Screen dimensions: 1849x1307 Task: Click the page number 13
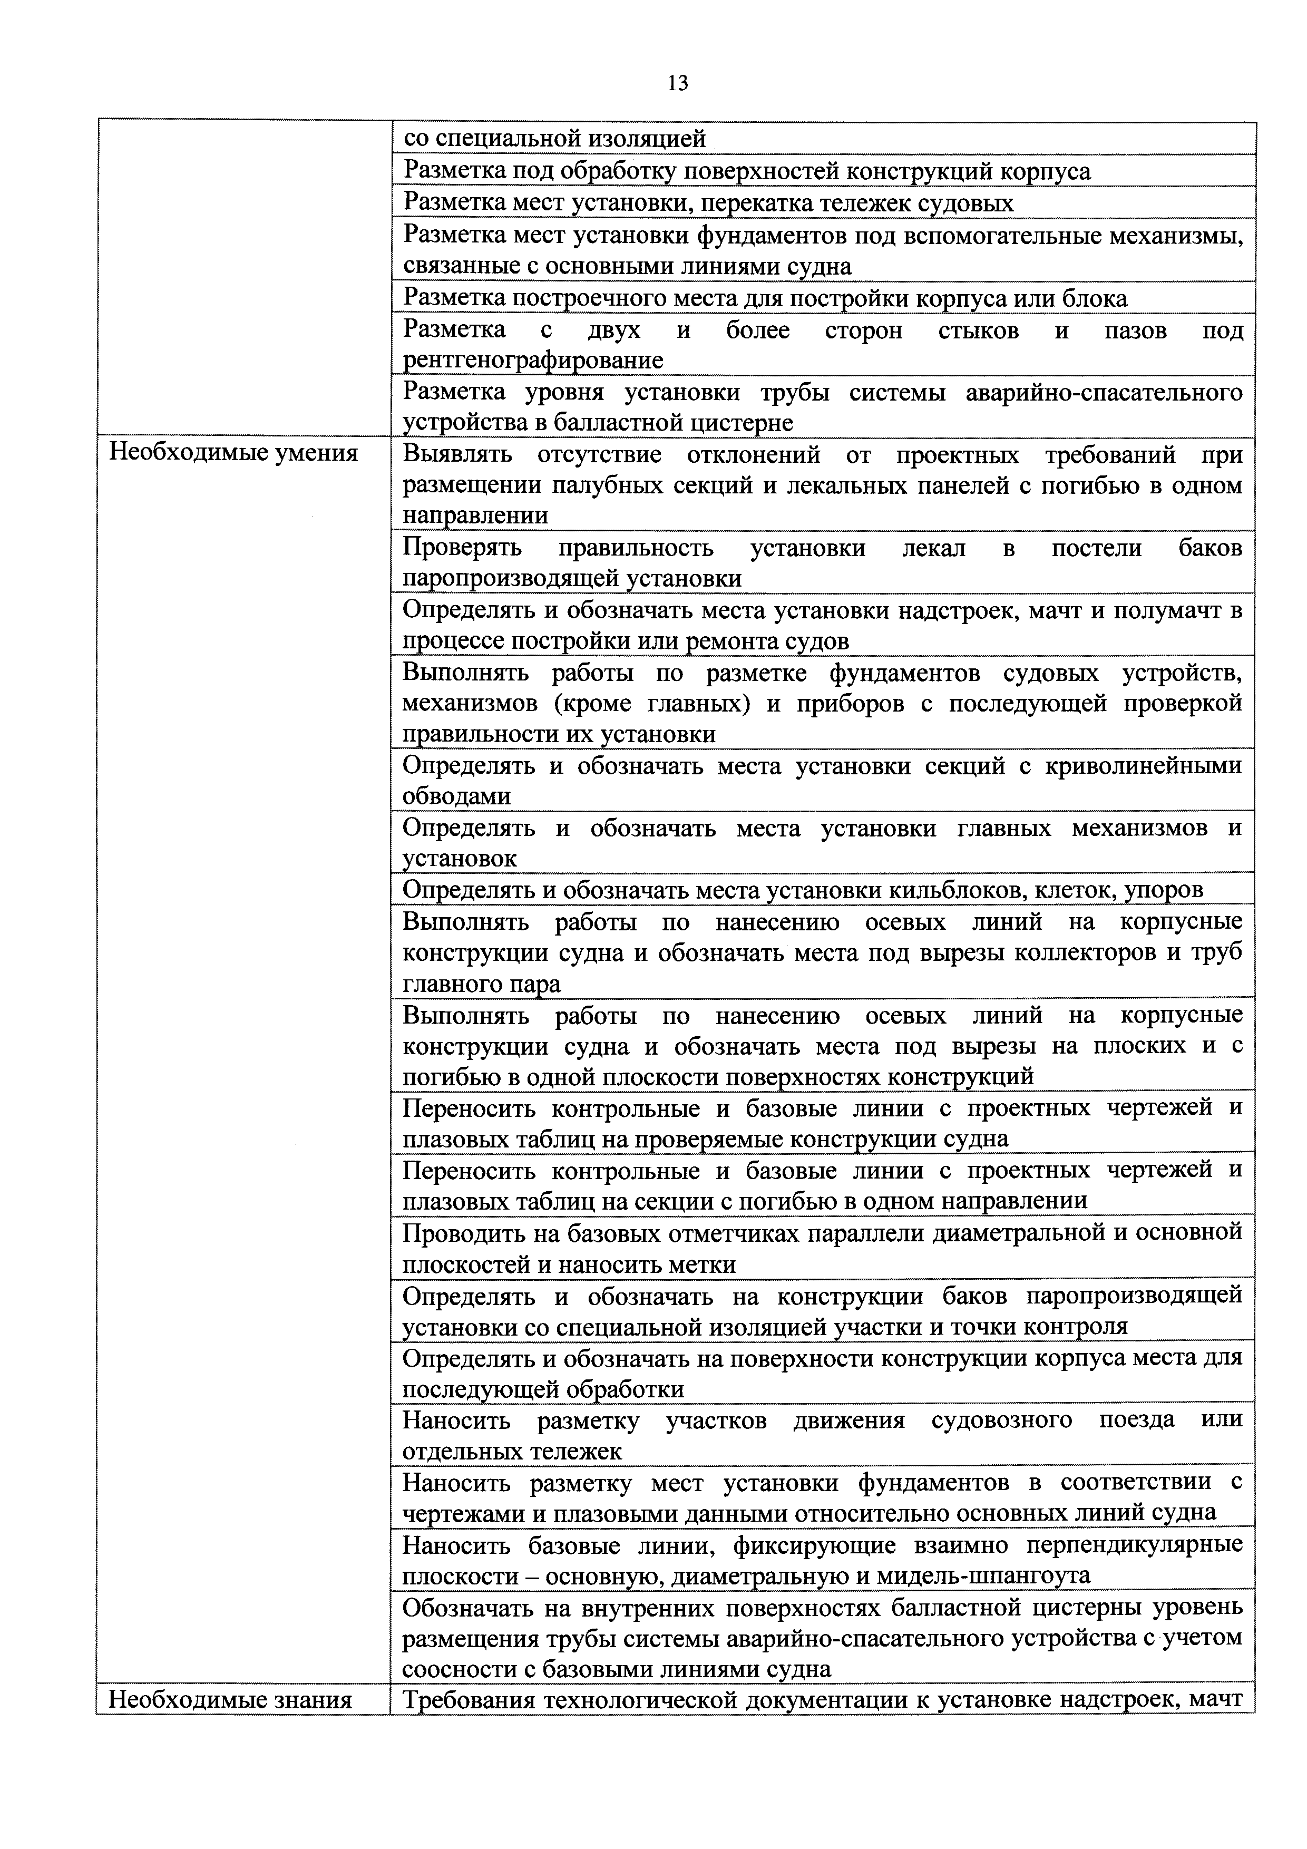click(x=677, y=83)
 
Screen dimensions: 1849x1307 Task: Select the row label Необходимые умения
click(x=233, y=453)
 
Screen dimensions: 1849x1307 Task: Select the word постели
click(x=1097, y=548)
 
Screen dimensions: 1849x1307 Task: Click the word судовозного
click(x=1002, y=1420)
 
